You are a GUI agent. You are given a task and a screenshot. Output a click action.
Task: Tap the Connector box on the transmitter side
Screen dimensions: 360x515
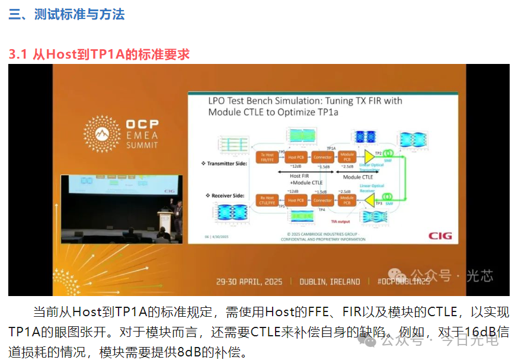pos(322,157)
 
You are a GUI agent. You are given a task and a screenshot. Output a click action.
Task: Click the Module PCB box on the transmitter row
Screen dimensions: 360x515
pos(347,157)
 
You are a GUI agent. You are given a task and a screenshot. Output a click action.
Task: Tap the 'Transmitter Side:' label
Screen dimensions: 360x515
pos(225,162)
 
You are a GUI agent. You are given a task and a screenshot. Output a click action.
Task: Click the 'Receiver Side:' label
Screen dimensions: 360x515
pos(227,195)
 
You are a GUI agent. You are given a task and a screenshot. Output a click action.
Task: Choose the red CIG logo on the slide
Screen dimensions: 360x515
pos(440,236)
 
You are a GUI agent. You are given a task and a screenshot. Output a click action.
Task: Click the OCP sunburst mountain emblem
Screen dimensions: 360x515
pos(101,133)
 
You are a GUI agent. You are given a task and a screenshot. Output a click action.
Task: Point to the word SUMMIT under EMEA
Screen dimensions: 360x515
pos(141,144)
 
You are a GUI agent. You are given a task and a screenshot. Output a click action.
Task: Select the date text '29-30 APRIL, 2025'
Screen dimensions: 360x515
pos(249,281)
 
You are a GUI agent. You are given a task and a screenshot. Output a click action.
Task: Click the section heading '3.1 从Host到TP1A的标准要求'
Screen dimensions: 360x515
pos(99,54)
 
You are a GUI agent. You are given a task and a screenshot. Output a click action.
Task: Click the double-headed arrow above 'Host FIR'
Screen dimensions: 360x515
pos(306,172)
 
